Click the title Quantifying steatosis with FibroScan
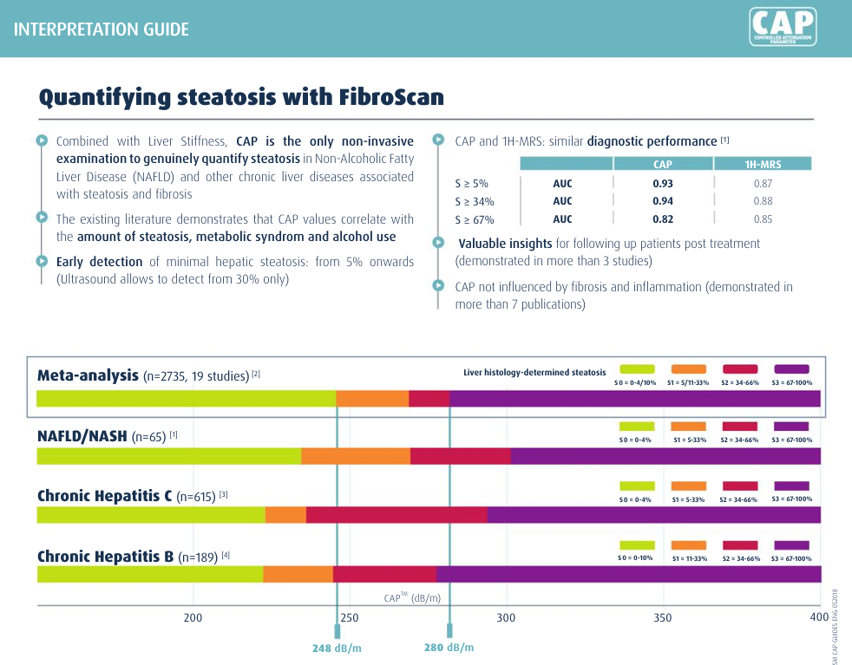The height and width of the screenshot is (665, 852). (x=241, y=96)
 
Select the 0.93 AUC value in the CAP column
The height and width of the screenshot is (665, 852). (x=663, y=184)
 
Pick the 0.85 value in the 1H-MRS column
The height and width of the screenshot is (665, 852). (x=763, y=219)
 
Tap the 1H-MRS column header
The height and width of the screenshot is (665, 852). (x=763, y=164)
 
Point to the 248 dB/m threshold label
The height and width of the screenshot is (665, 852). (x=337, y=648)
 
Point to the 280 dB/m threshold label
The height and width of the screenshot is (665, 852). (x=449, y=648)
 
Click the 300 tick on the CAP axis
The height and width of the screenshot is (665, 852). (x=506, y=617)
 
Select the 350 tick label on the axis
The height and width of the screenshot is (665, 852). (x=662, y=617)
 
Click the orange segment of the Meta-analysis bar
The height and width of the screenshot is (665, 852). (x=372, y=399)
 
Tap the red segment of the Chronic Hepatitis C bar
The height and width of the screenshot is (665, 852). (x=397, y=515)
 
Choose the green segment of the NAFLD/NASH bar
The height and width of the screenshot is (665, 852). (x=169, y=456)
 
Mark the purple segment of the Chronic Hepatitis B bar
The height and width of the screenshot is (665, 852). (x=628, y=574)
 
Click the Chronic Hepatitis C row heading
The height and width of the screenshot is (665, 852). (x=105, y=496)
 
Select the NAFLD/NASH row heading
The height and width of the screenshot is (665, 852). (x=82, y=437)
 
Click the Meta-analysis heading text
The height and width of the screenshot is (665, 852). (x=88, y=375)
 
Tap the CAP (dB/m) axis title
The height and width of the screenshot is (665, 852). (x=412, y=598)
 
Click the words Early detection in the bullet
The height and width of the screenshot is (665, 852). (x=99, y=262)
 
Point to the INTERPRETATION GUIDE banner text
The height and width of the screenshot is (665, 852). (x=102, y=29)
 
